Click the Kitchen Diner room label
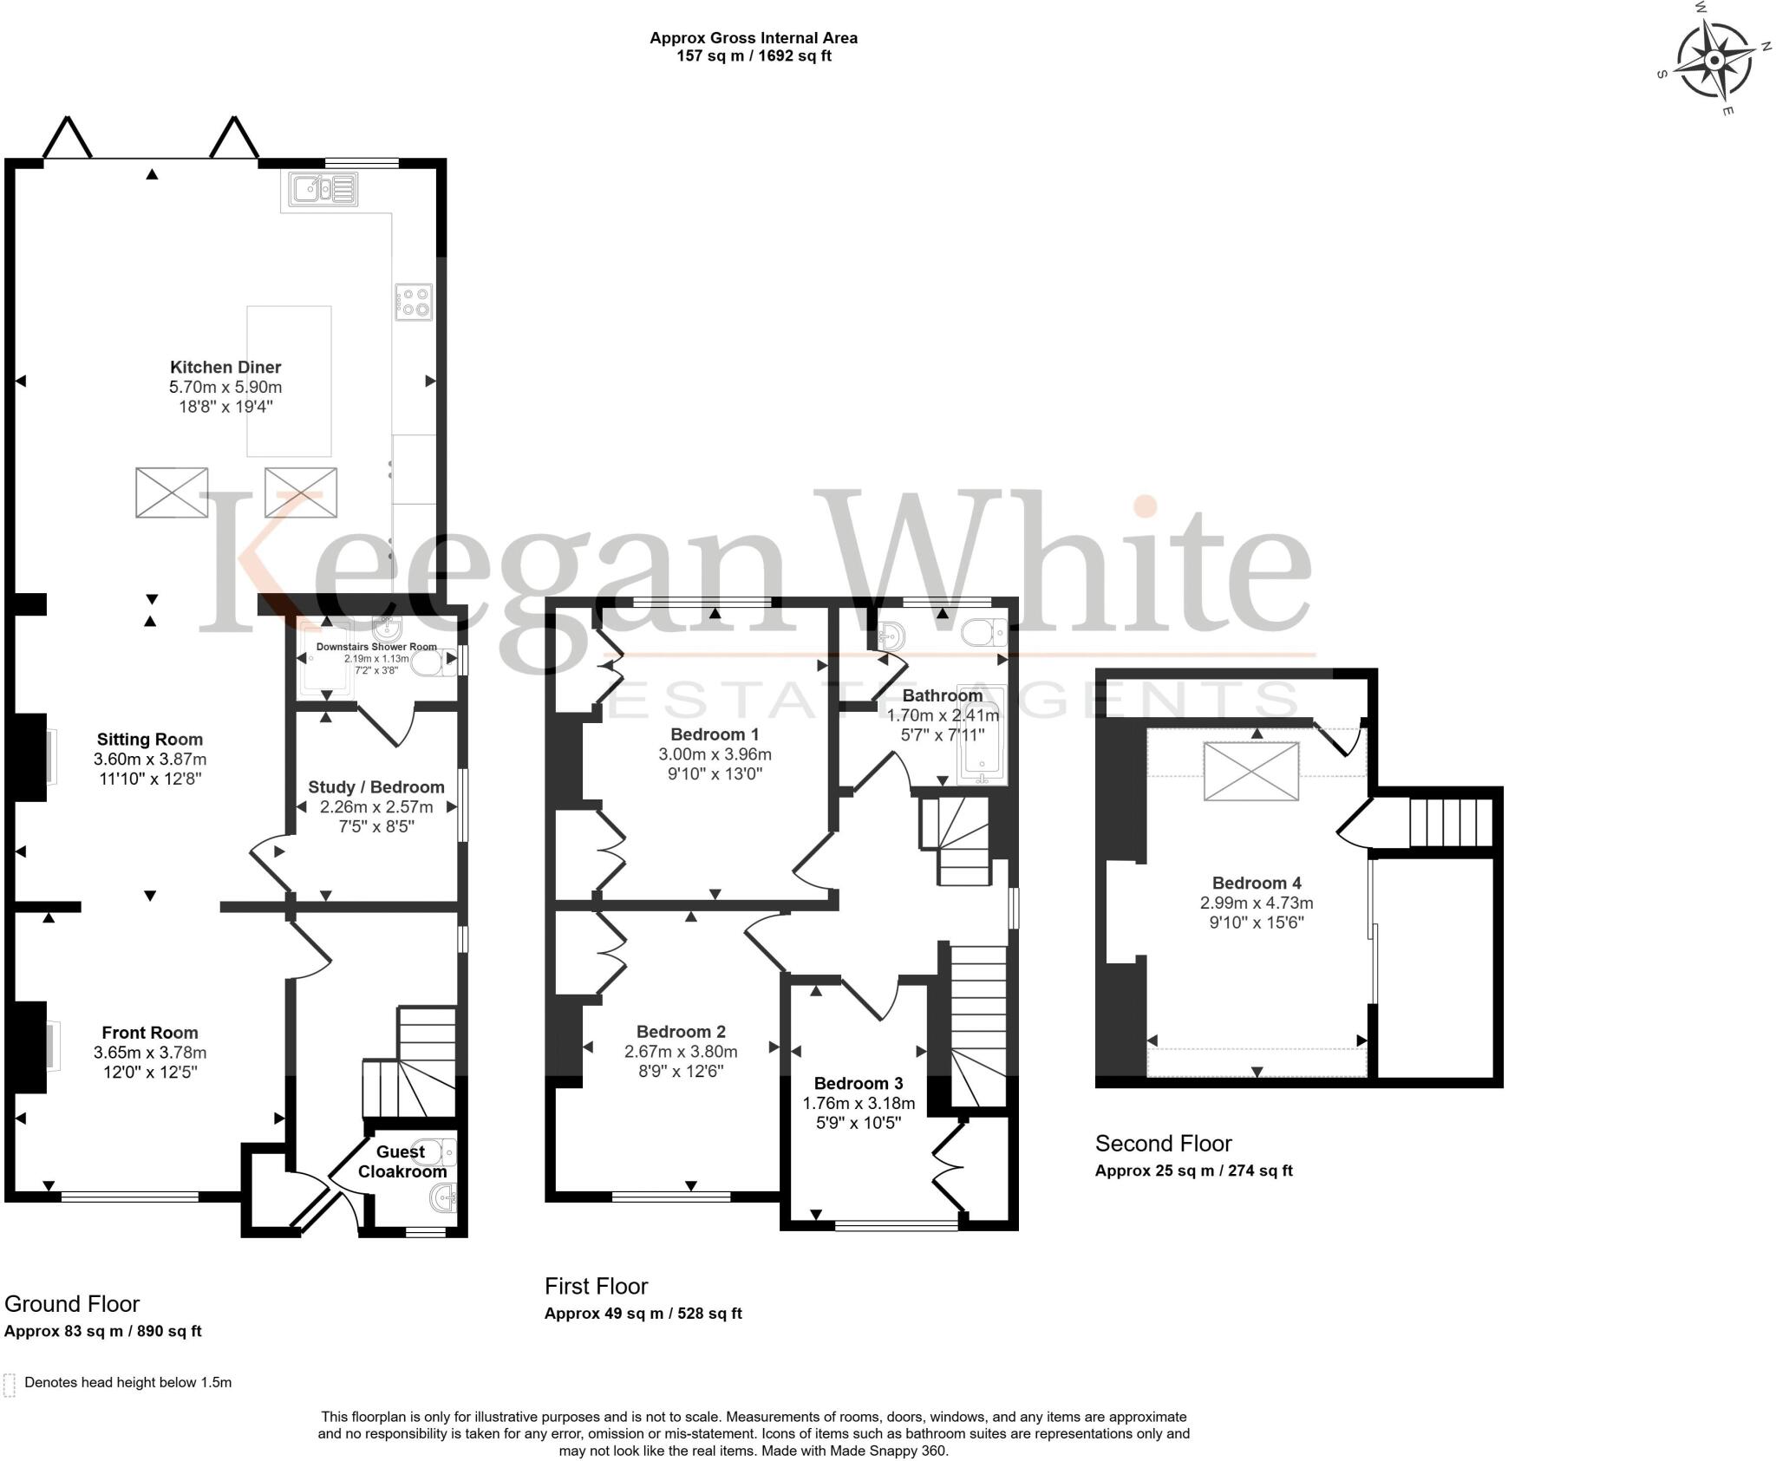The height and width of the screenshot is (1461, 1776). (x=225, y=367)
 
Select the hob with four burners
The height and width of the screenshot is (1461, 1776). (x=415, y=301)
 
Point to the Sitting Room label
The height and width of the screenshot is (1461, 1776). (x=150, y=740)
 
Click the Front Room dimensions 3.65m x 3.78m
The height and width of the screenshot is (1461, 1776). (x=150, y=1053)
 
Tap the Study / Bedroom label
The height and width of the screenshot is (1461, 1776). (x=376, y=787)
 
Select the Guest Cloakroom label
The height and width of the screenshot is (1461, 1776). (x=402, y=1162)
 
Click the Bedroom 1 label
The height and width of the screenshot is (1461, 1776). (x=715, y=734)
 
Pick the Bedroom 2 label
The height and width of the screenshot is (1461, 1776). (x=681, y=1032)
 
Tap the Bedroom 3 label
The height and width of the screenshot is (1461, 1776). (x=859, y=1083)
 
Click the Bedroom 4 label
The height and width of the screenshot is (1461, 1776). (x=1257, y=883)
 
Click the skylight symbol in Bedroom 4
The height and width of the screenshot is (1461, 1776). (x=1251, y=771)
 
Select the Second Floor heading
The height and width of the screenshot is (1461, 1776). (x=1163, y=1144)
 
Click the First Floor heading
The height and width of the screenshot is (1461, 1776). (x=596, y=1286)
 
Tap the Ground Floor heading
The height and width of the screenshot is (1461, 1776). (x=72, y=1304)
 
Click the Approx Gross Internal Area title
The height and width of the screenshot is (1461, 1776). (x=754, y=38)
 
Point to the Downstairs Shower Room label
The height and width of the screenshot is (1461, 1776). (x=376, y=647)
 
